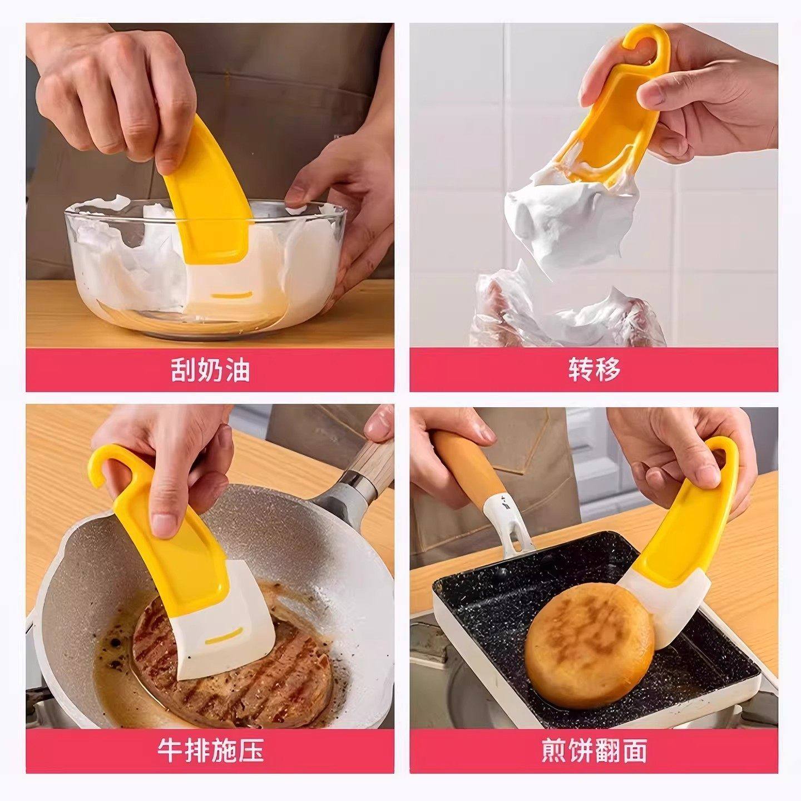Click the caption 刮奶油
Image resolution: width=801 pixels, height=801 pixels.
pos(210,370)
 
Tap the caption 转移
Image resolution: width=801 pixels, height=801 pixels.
pos(594,370)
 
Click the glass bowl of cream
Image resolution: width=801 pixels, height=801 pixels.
pos(206,267)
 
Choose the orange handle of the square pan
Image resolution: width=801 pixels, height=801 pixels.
pos(467,467)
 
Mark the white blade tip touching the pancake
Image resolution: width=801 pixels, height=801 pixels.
pos(665,629)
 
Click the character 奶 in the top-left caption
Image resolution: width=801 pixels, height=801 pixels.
pos(210,370)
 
